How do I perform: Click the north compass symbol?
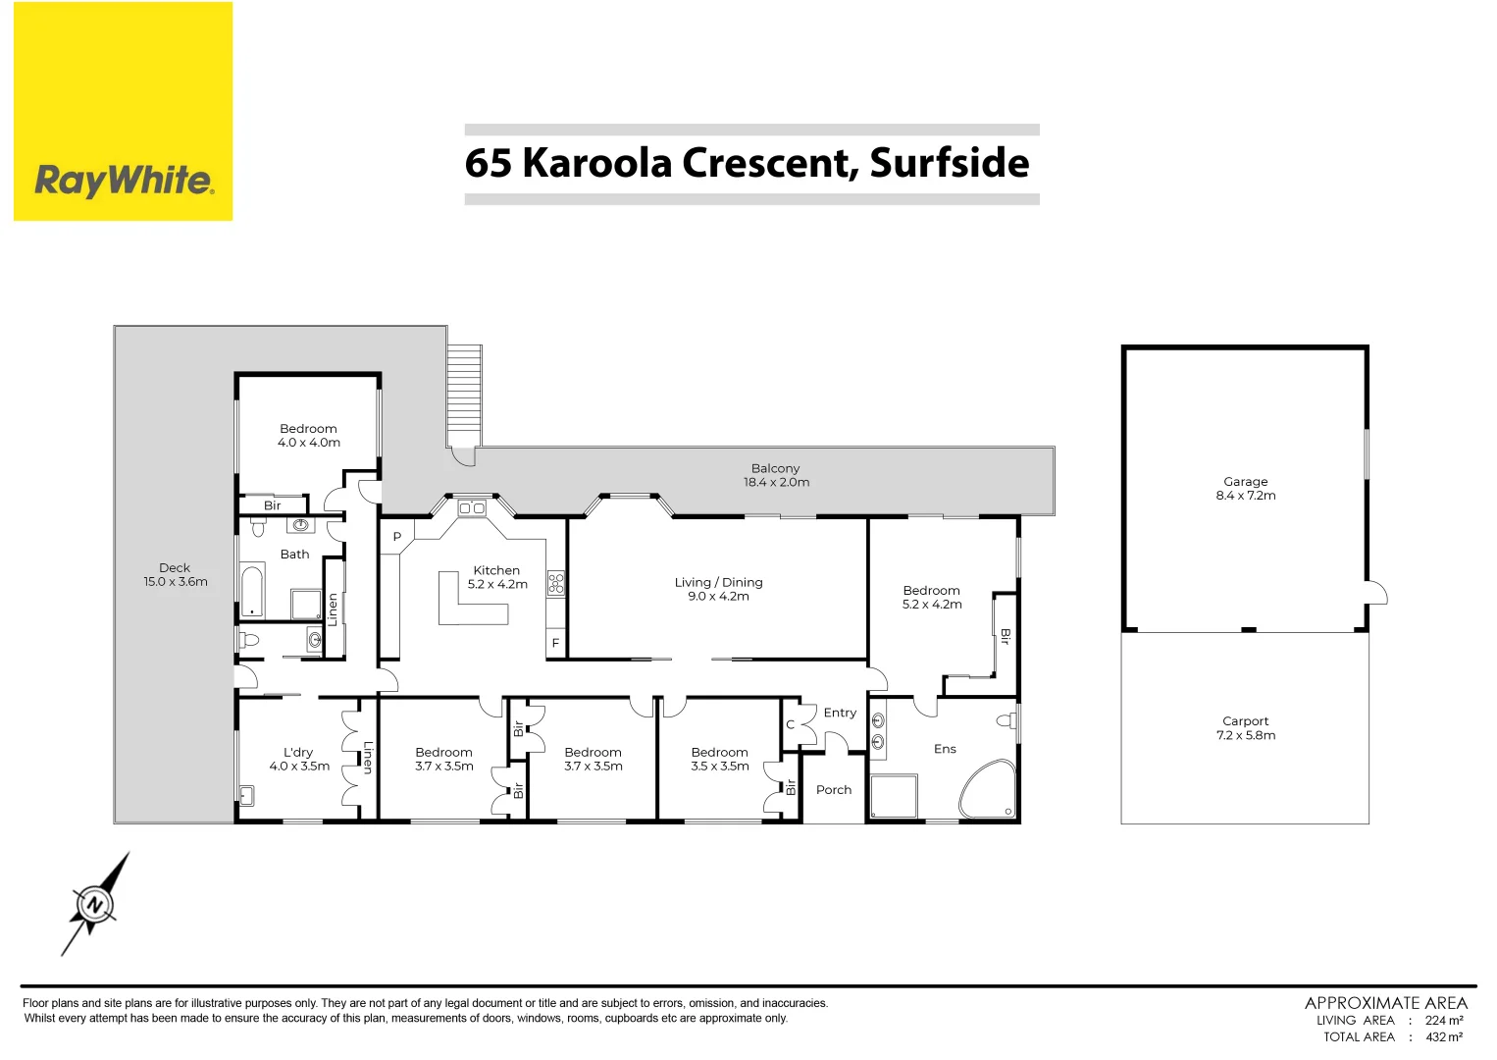point(95,904)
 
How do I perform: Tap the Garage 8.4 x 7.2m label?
point(1245,489)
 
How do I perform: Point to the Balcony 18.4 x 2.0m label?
point(776,475)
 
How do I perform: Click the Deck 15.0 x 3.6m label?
point(175,574)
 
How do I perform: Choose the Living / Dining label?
point(718,589)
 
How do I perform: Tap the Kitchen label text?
point(496,570)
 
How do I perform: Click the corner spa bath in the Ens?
point(988,790)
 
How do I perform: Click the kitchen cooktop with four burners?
point(556,583)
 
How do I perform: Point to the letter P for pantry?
point(396,537)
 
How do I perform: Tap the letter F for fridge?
point(555,644)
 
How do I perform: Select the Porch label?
point(834,790)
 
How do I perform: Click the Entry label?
point(840,713)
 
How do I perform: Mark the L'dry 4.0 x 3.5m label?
point(299,760)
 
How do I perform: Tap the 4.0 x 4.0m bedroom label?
point(308,436)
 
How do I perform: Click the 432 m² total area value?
point(1443,1036)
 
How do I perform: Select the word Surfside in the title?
point(949,163)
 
